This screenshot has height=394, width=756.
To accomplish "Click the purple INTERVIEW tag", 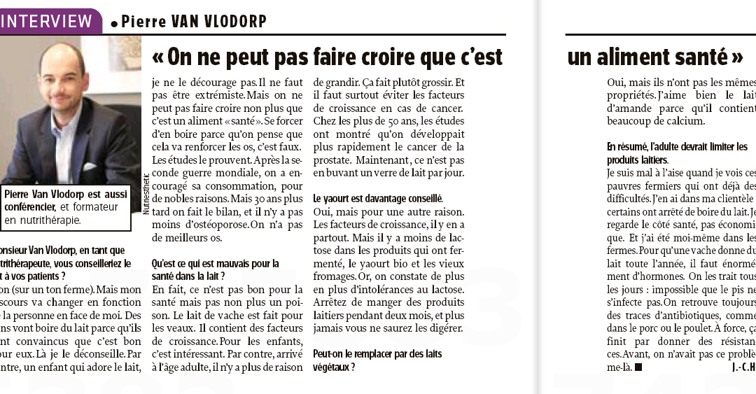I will (48, 20).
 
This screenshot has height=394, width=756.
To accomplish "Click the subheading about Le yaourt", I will (377, 199).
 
